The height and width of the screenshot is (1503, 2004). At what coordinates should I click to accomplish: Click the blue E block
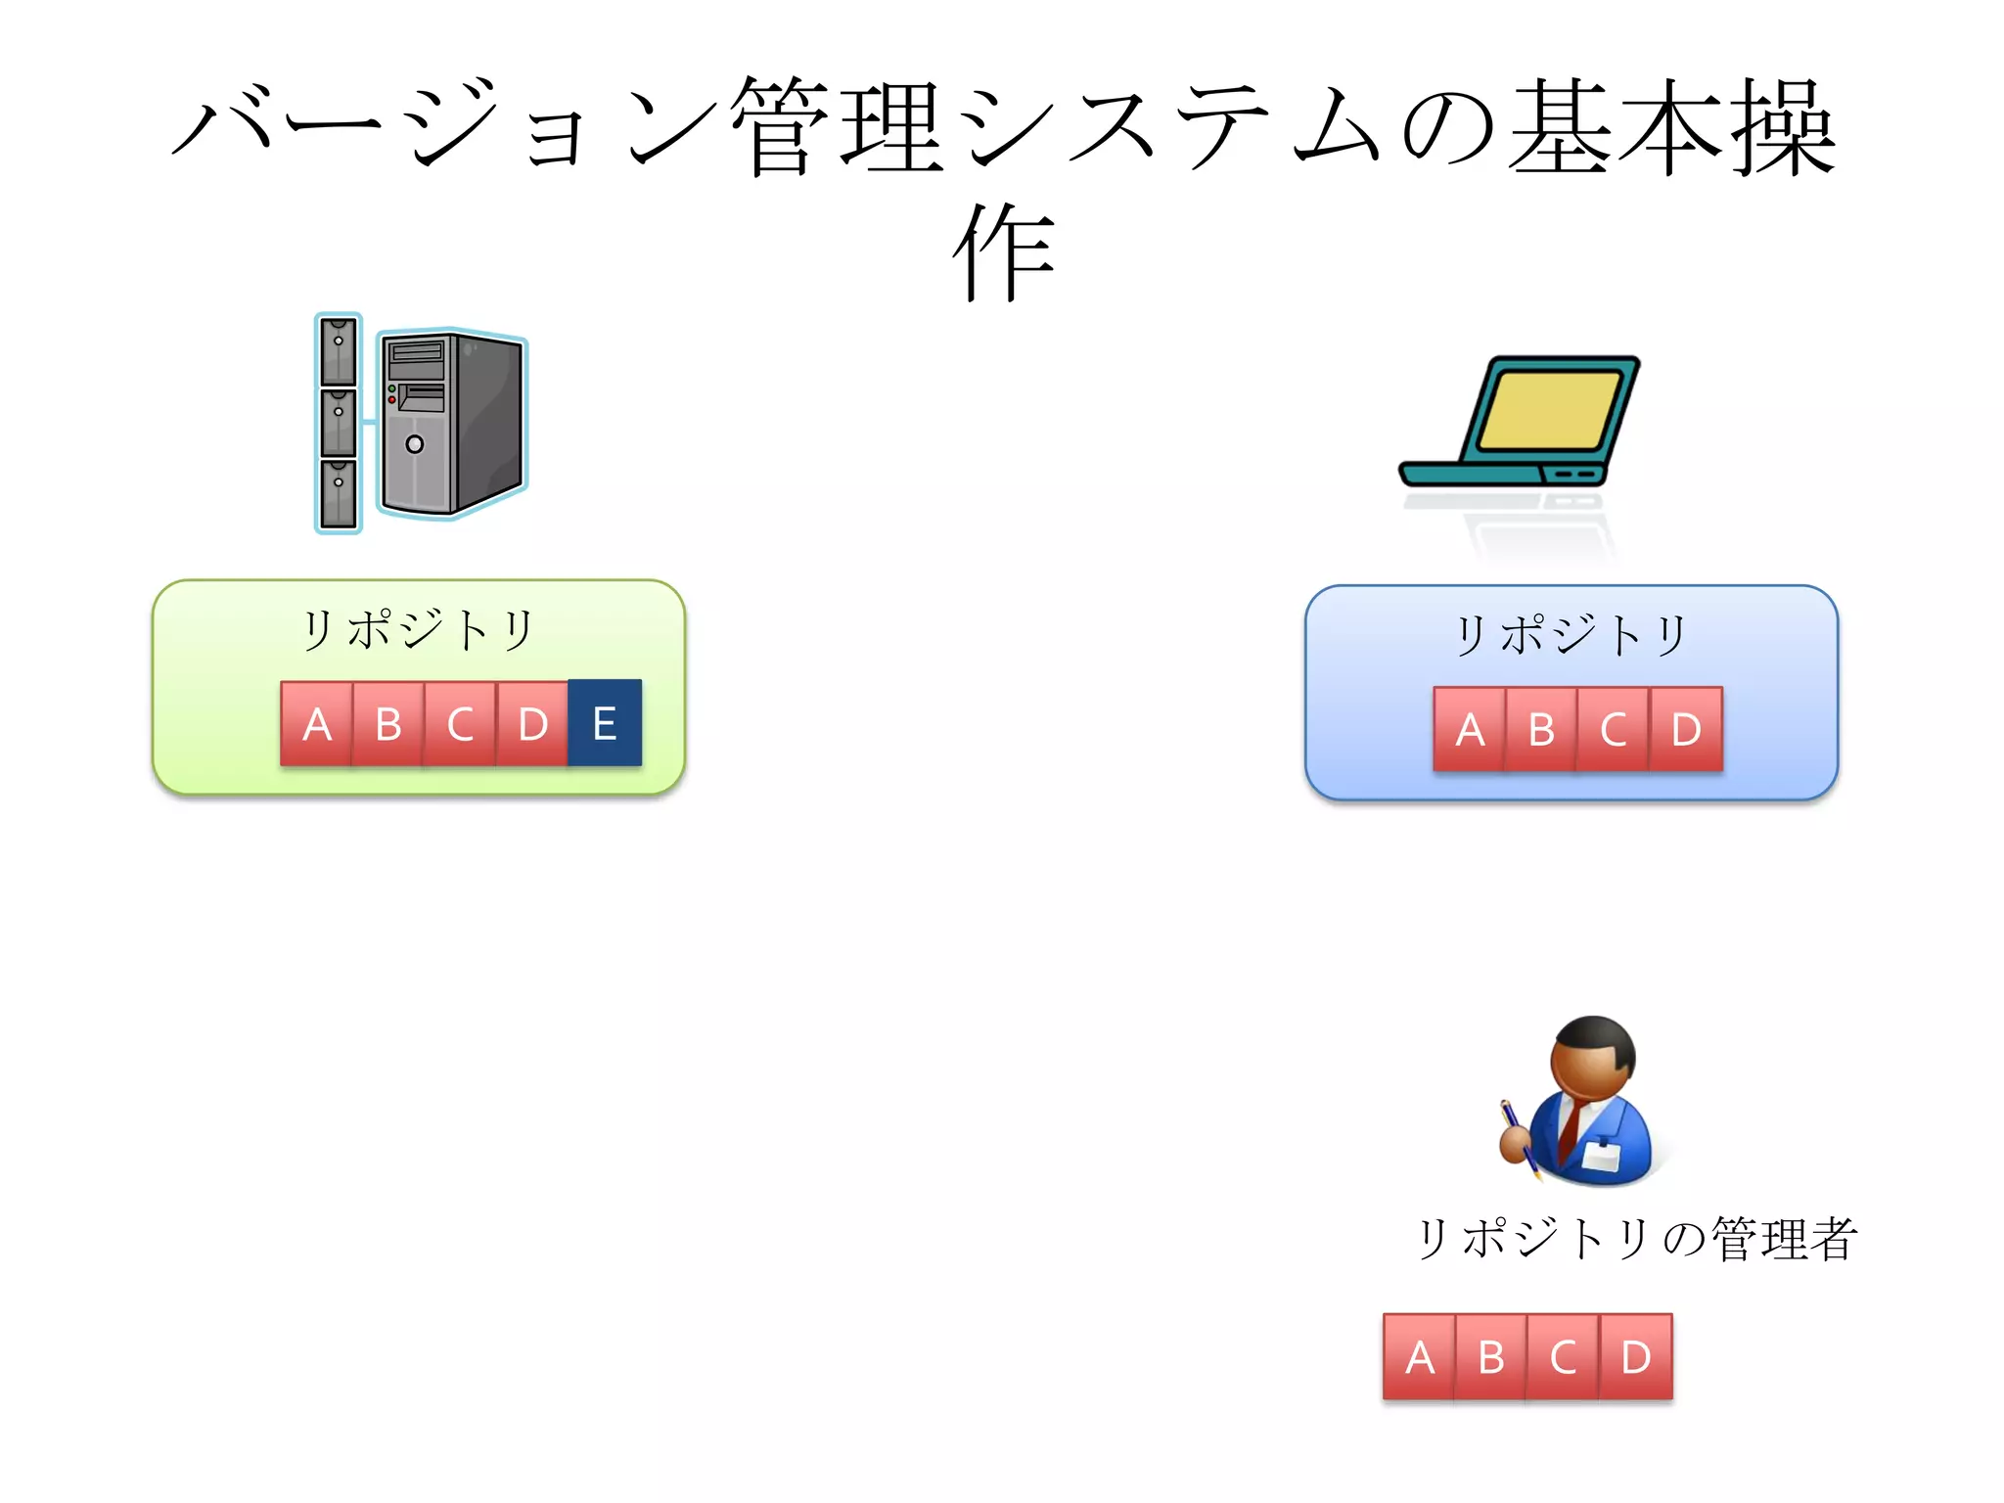(605, 723)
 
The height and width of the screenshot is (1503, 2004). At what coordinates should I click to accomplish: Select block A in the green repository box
(316, 724)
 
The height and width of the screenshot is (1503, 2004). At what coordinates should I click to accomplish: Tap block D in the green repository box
(532, 724)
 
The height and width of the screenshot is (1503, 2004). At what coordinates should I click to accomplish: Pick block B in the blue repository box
(1541, 730)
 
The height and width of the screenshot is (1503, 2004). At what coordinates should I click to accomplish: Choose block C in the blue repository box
(1614, 730)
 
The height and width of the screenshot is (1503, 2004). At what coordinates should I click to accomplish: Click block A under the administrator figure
(1419, 1357)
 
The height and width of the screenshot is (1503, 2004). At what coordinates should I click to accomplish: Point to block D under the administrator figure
(1636, 1357)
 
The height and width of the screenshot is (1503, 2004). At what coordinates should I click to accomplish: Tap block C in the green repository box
(460, 724)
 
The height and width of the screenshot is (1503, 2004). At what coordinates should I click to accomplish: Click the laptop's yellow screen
(1549, 410)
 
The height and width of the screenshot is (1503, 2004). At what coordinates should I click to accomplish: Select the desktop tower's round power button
(415, 444)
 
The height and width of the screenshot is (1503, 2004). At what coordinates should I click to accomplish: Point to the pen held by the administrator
(1518, 1135)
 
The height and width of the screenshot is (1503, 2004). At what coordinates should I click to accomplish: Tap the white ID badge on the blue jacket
(1601, 1155)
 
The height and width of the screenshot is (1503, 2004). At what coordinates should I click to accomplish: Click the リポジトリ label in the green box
(418, 629)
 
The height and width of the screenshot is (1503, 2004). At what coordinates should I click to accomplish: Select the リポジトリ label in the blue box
(1571, 635)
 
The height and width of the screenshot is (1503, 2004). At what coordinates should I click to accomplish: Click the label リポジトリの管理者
(1636, 1238)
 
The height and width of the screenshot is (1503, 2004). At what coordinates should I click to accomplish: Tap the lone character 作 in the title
(1004, 252)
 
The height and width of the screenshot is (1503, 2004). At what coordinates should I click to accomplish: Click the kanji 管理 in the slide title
(838, 127)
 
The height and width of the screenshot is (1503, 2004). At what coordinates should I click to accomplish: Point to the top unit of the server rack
(339, 349)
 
